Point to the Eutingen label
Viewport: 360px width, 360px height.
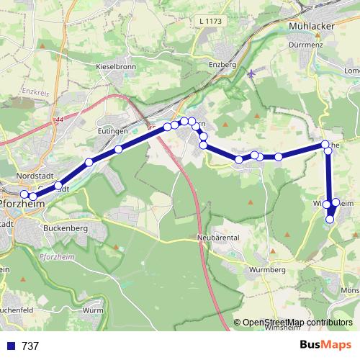click(x=112, y=132)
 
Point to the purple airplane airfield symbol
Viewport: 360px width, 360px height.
click(x=251, y=72)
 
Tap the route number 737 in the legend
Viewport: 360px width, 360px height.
click(x=30, y=346)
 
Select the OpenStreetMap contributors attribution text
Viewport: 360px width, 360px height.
click(x=298, y=323)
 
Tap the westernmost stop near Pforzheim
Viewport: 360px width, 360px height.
click(x=24, y=194)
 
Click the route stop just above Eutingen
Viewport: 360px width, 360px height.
click(x=118, y=150)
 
